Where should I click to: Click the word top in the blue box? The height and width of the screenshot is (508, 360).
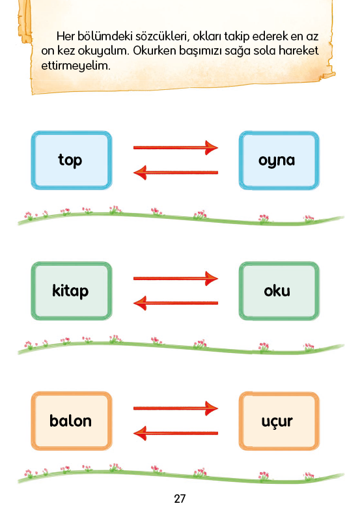tap(70, 160)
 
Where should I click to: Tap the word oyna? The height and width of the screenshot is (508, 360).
tap(277, 160)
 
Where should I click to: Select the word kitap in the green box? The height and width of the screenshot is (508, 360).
tap(70, 290)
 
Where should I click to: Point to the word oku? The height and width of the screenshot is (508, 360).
tap(277, 290)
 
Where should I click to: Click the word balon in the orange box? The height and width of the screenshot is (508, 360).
tap(70, 421)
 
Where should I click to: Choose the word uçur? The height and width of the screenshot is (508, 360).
tap(277, 421)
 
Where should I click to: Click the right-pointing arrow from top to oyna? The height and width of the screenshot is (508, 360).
tap(176, 148)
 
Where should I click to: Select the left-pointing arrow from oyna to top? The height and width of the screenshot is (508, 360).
tap(176, 173)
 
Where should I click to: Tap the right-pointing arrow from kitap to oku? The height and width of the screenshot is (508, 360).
tap(176, 278)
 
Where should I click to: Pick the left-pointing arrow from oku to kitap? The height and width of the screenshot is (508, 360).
tap(176, 303)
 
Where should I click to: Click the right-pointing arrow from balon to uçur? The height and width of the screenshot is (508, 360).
tap(176, 408)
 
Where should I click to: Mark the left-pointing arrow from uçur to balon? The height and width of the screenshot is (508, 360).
tap(176, 433)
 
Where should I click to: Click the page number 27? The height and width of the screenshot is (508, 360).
tap(180, 498)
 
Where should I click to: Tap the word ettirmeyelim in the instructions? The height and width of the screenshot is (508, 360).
tap(76, 66)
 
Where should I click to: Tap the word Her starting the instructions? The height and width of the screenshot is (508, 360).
tap(65, 36)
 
